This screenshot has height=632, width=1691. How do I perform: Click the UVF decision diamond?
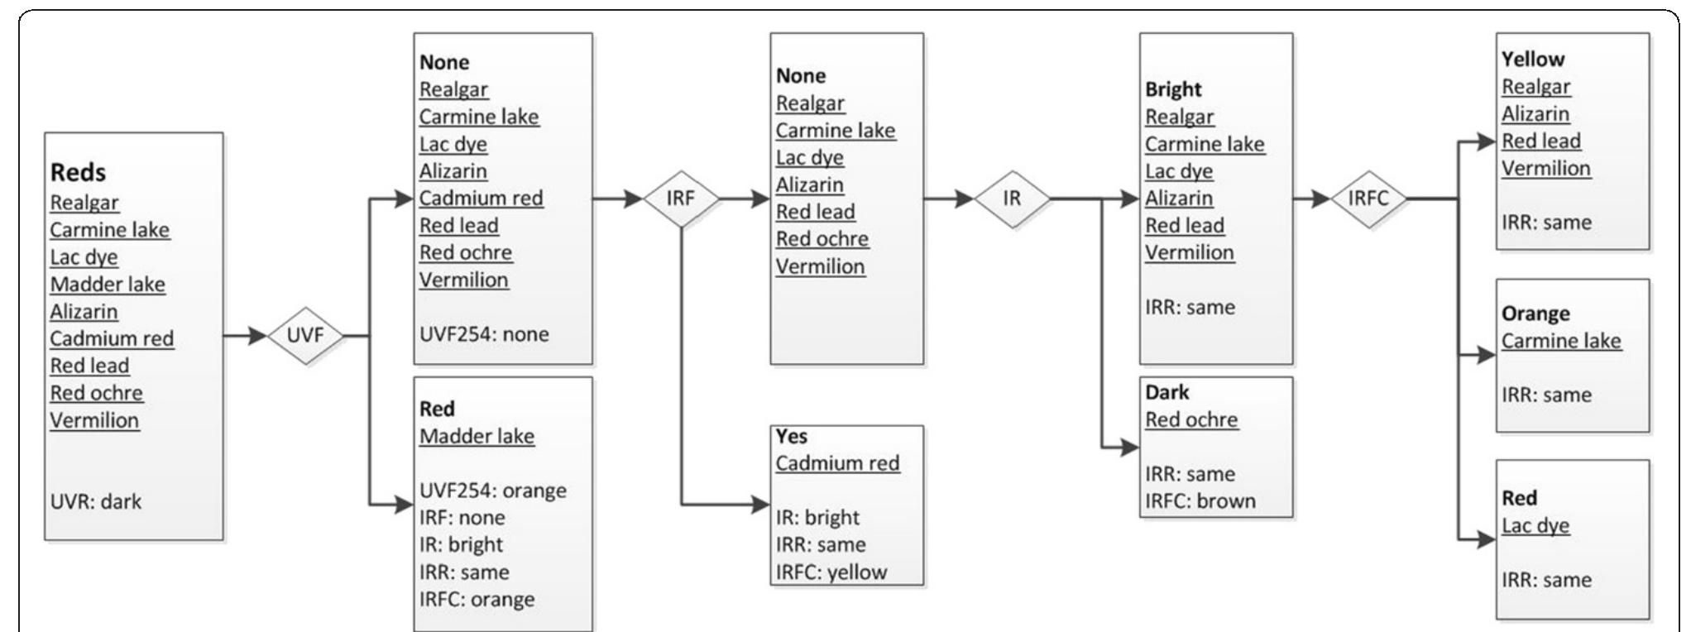305,336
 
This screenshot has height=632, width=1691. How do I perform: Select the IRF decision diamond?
681,199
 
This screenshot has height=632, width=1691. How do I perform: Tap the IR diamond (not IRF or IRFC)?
1012,199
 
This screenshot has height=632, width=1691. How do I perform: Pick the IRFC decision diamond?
1368,199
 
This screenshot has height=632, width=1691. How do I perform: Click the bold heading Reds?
79,172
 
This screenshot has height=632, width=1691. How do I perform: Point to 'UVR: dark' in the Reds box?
96,501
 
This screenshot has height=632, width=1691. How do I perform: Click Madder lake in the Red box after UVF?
477,436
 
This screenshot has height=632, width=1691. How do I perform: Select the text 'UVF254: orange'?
492,490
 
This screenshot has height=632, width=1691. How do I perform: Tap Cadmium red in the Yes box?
837,463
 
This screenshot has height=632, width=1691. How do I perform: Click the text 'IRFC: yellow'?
831,572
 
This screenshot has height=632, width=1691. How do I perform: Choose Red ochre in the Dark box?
1191,419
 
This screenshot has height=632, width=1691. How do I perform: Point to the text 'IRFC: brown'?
1200,500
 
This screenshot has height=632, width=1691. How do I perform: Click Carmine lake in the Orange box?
1561,341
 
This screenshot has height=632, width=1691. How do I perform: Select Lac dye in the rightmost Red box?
1535,525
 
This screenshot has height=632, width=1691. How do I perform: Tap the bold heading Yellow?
1533,59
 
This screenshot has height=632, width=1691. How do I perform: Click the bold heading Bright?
1173,89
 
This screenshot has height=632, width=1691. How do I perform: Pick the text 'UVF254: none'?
484,334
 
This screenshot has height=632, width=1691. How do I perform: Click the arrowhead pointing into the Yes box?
761,504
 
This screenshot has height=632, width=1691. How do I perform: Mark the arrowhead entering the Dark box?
1130,448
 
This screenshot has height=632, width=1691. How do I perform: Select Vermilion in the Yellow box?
1545,168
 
